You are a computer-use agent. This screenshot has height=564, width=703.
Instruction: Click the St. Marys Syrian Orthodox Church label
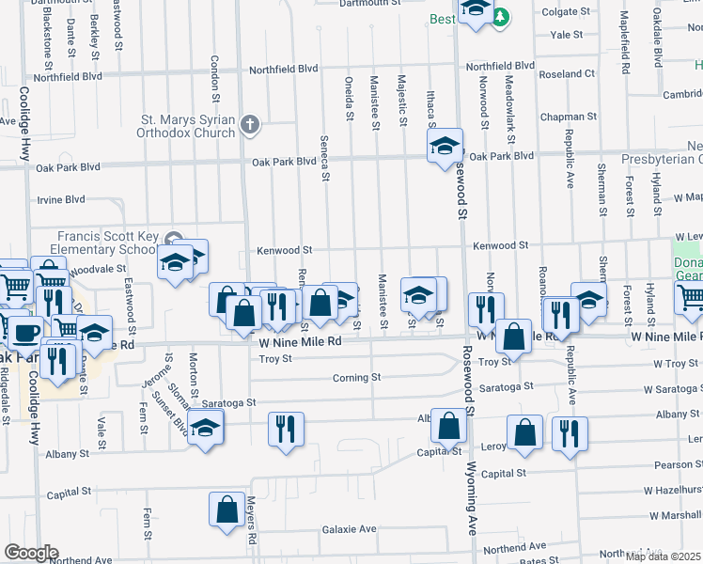coord(188,126)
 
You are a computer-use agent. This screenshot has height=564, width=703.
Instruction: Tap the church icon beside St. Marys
coord(249,123)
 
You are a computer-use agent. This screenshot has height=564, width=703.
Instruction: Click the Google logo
coord(30,553)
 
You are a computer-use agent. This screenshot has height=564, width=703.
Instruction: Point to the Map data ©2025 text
coord(664,556)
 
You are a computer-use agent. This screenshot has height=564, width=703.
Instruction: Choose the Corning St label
coord(356,378)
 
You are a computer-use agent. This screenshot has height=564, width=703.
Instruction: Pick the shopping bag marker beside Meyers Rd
coord(227,510)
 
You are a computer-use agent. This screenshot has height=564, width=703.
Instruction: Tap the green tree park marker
coord(502,16)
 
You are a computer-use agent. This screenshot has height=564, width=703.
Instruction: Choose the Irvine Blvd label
coord(61,199)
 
